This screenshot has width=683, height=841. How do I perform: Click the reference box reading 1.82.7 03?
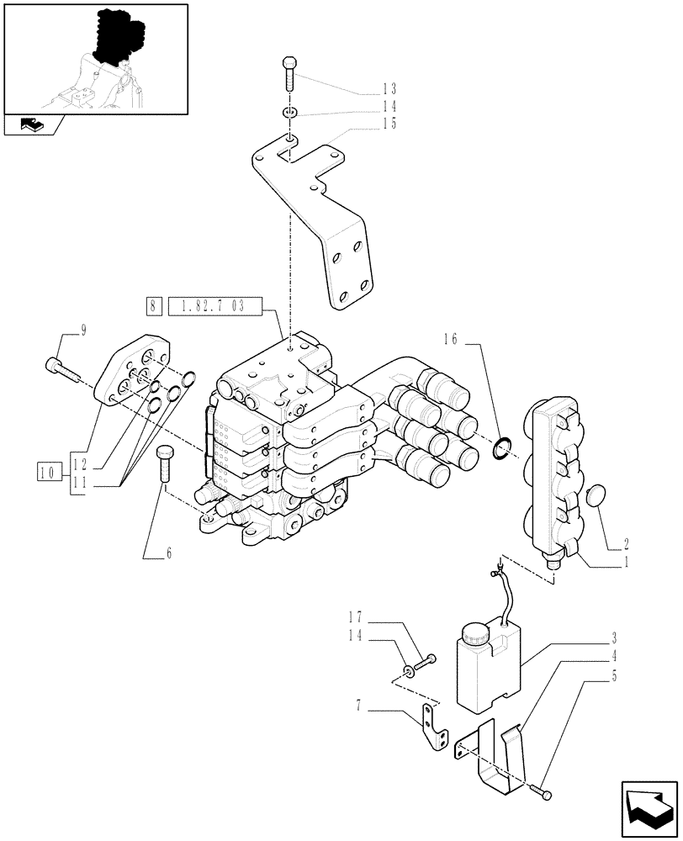[x=215, y=306]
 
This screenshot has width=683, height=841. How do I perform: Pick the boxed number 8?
[x=152, y=306]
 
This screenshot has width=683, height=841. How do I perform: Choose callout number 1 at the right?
[x=627, y=564]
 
